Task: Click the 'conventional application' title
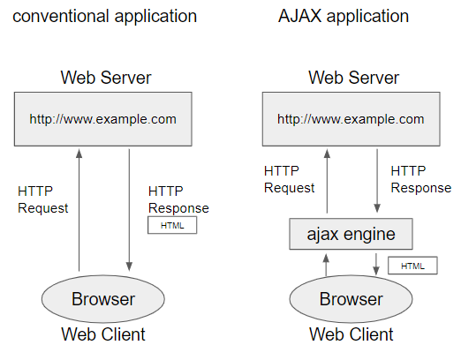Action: [x=105, y=17]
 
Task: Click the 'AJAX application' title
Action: [x=344, y=16]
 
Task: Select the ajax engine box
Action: [x=351, y=234]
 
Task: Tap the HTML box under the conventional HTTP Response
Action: [x=172, y=225]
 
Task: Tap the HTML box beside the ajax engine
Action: [x=412, y=266]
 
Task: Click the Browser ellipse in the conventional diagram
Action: [x=103, y=299]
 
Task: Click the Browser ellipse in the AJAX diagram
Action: [x=351, y=299]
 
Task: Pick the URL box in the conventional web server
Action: [x=103, y=119]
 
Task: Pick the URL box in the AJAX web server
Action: [x=351, y=119]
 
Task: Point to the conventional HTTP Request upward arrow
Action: [x=79, y=210]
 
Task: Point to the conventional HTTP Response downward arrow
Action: [x=129, y=210]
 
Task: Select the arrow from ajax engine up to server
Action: [x=327, y=181]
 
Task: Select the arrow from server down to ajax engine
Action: [x=377, y=181]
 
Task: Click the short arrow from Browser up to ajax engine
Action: [x=326, y=265]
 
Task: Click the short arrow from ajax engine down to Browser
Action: [x=376, y=265]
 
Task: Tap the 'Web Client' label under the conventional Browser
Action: [x=103, y=334]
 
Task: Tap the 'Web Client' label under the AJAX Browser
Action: [x=351, y=334]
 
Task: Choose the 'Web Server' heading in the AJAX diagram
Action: [x=353, y=78]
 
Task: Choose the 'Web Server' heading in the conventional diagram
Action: [x=106, y=78]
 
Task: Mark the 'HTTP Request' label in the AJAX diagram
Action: [x=289, y=179]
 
